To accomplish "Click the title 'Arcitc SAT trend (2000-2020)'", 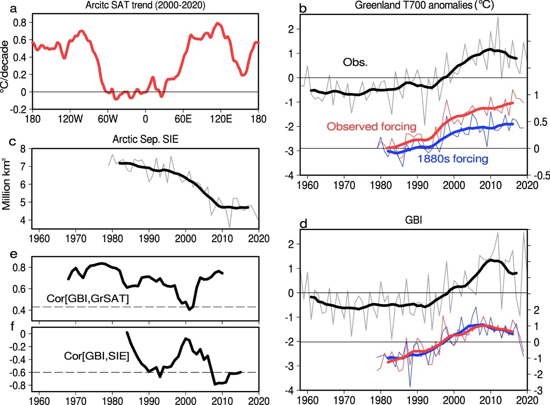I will coord(145,5).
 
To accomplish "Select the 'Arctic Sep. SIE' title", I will coord(145,139).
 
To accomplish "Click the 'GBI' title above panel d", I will coord(413,220).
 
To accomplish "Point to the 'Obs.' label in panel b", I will coord(355,62).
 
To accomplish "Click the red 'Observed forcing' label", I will coord(371,127).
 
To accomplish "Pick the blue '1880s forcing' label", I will coord(453,159).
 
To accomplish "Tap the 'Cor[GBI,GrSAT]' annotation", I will coord(88,298).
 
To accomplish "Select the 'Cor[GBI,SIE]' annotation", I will coord(96,356).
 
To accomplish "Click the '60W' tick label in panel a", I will coord(108,119).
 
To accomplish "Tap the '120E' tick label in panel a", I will coord(221,119).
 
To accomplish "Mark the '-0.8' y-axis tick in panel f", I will coord(18,386).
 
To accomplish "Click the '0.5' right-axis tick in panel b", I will coord(540,122).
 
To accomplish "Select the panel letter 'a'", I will coord(14,8).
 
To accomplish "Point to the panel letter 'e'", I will coord(14,254).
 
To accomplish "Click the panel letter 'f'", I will coord(12,326).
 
